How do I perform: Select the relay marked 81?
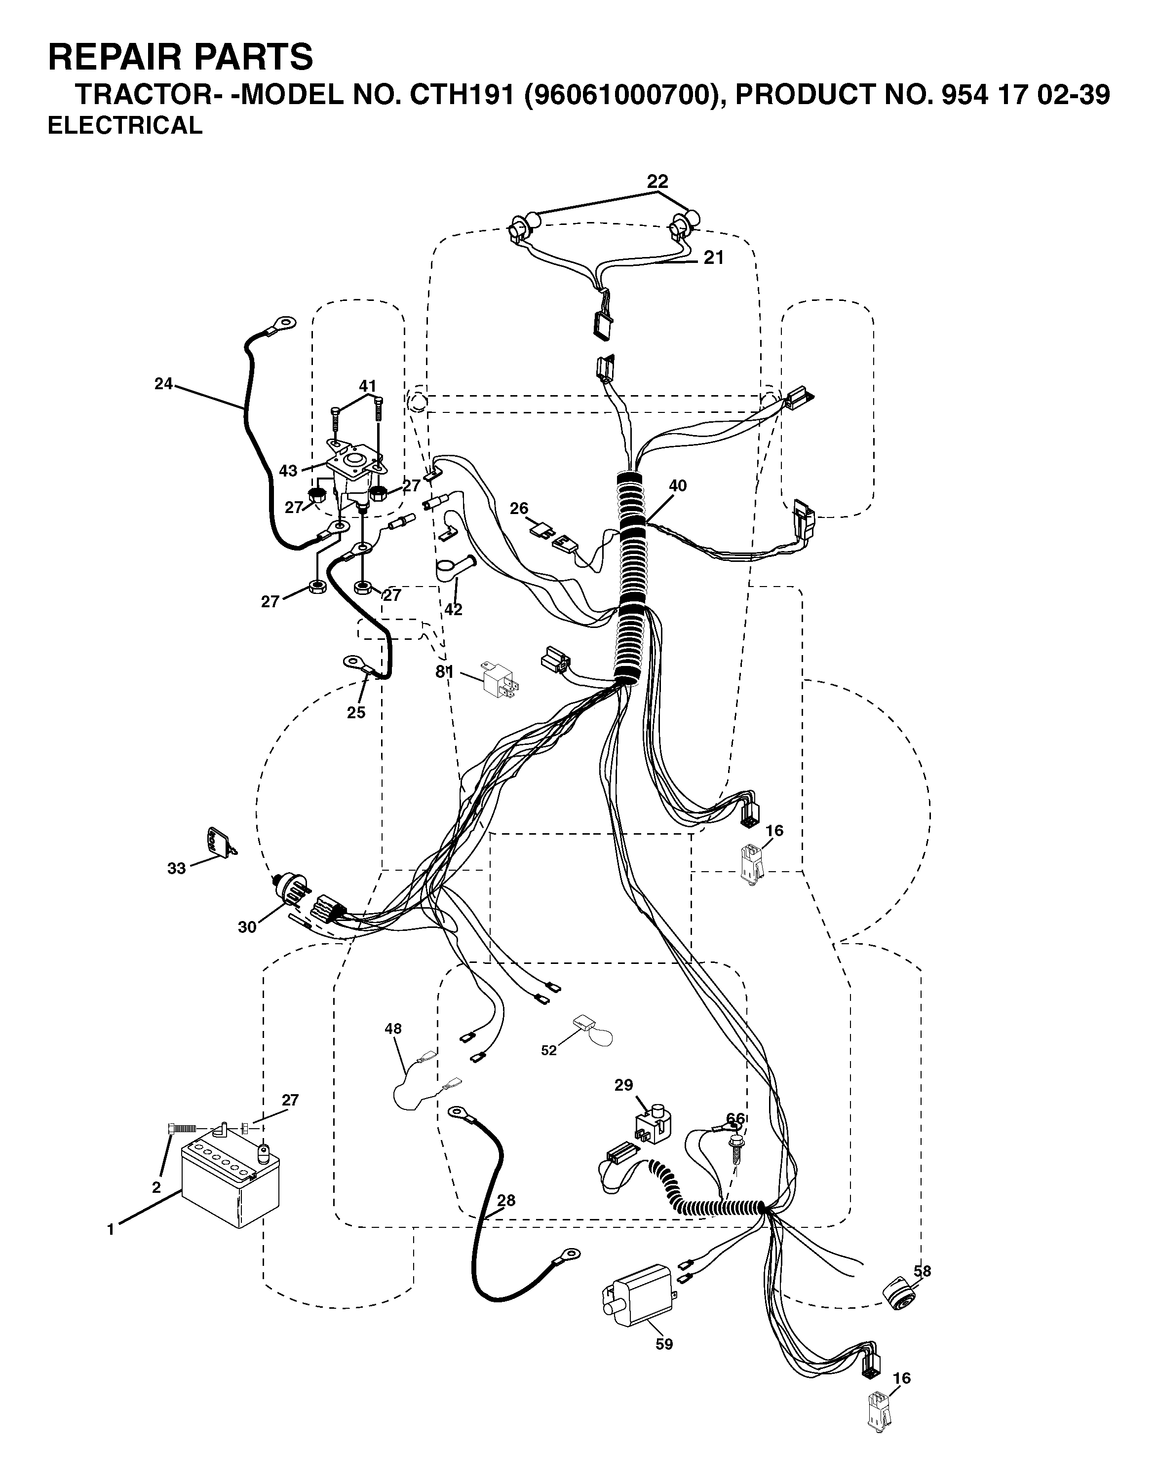point(501,680)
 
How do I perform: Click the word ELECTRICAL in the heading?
point(125,125)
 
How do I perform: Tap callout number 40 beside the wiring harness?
point(677,485)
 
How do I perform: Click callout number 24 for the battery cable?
point(163,384)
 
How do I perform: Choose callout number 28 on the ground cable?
point(506,1200)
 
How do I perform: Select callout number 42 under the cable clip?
point(453,609)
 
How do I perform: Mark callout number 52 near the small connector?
point(549,1050)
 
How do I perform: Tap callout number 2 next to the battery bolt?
point(156,1187)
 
